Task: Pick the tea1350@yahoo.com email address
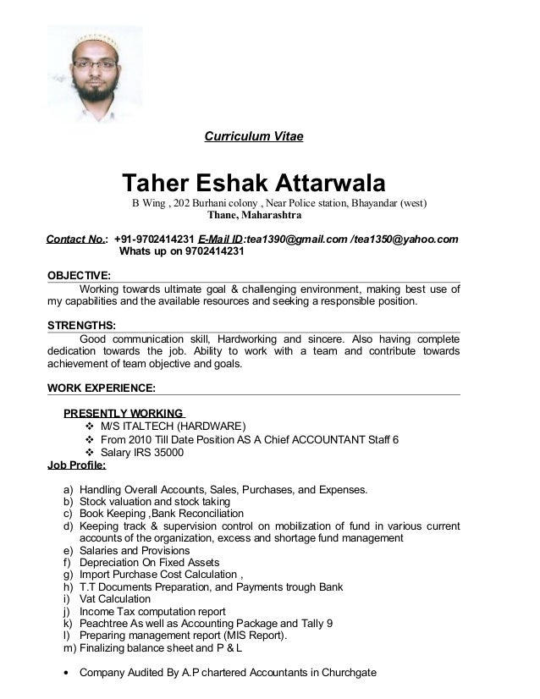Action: pos(410,239)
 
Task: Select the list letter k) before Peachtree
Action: pos(68,624)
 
